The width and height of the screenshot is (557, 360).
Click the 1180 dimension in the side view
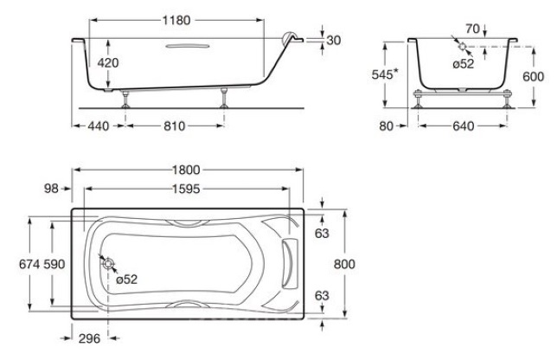pyautogui.click(x=176, y=20)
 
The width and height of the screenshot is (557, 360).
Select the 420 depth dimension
pyautogui.click(x=108, y=63)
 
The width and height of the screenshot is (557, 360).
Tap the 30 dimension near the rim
pyautogui.click(x=334, y=40)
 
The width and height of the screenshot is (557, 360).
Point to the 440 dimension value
pyautogui.click(x=99, y=125)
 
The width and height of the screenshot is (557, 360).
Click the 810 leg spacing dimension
pyautogui.click(x=175, y=125)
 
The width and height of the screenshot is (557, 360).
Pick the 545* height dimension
pyautogui.click(x=385, y=74)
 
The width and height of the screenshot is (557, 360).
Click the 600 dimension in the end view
pyautogui.click(x=533, y=76)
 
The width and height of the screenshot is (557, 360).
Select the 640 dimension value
pyautogui.click(x=464, y=125)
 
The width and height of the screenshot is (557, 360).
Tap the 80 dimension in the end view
pyautogui.click(x=386, y=125)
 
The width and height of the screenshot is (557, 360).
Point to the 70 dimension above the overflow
pyautogui.click(x=473, y=29)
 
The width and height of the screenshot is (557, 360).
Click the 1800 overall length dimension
pyautogui.click(x=186, y=170)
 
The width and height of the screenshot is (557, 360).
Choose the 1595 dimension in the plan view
pyautogui.click(x=186, y=189)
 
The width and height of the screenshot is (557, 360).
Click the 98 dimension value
pyautogui.click(x=51, y=189)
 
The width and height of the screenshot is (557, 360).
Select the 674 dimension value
pyautogui.click(x=29, y=264)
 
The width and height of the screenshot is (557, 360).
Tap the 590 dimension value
pyautogui.click(x=54, y=264)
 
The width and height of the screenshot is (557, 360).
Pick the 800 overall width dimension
pyautogui.click(x=344, y=264)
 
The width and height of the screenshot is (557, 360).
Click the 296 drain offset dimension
pyautogui.click(x=89, y=338)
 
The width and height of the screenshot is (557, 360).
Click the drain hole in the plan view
pyautogui.click(x=108, y=264)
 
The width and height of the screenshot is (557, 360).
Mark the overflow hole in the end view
pyautogui.click(x=462, y=47)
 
